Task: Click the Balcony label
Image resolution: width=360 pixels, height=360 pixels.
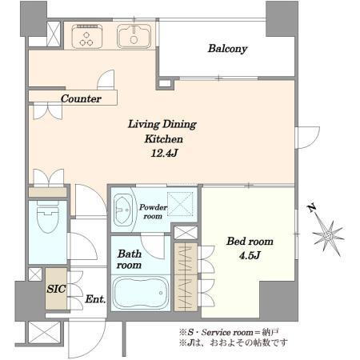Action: click(227, 49)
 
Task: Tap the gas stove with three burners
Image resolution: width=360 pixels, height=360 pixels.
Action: click(86, 37)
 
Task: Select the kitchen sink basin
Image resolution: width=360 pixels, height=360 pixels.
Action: click(134, 37)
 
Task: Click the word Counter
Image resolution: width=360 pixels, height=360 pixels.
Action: click(81, 98)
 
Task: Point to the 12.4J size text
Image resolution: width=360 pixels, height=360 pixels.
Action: click(164, 153)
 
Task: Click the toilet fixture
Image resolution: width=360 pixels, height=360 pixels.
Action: click(48, 216)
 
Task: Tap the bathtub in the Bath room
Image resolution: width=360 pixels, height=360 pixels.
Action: click(141, 293)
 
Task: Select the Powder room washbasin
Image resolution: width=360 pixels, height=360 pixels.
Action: click(123, 210)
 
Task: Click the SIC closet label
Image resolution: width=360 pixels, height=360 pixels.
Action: click(56, 289)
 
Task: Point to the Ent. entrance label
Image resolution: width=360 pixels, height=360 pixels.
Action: click(95, 299)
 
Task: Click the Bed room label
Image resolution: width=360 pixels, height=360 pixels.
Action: click(250, 242)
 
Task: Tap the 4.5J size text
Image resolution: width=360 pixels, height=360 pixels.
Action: click(250, 255)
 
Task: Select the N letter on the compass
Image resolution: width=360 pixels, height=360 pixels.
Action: click(311, 207)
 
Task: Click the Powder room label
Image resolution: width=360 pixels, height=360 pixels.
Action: click(153, 211)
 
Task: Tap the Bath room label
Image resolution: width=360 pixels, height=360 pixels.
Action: click(130, 259)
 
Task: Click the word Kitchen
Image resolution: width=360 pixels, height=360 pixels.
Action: click(164, 139)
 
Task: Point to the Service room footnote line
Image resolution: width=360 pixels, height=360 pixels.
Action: click(229, 332)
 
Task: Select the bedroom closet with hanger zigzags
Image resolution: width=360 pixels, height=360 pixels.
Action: click(186, 277)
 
